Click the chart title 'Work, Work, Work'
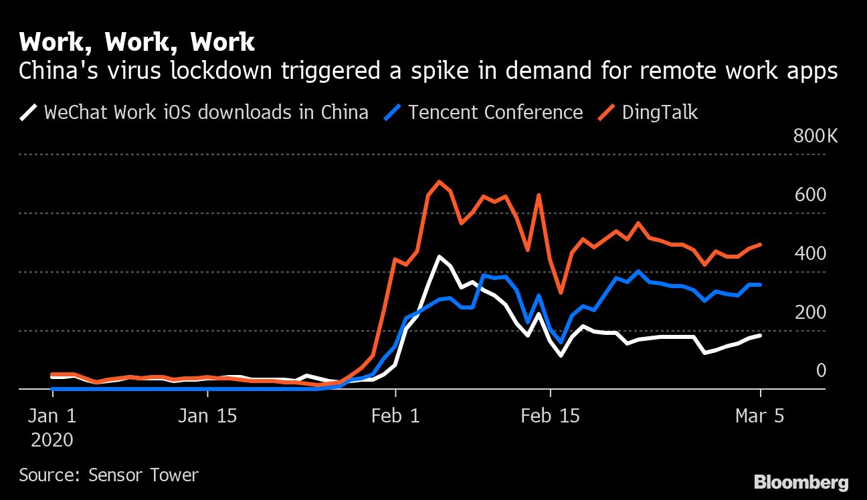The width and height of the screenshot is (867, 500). point(136,42)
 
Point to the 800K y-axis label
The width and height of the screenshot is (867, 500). point(815,136)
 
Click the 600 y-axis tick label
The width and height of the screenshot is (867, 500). point(809,195)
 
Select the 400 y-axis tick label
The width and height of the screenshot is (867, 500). point(809,254)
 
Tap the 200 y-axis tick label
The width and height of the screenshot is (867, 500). point(809,312)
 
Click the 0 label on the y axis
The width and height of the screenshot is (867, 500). point(821,370)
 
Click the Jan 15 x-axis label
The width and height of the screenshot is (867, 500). point(207,416)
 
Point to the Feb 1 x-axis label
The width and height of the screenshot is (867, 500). point(395,416)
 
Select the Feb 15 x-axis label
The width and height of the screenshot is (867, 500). point(551,416)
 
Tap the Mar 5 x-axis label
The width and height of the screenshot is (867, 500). point(759,416)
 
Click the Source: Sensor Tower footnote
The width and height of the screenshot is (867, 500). point(109,475)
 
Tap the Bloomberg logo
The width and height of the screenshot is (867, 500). point(801,482)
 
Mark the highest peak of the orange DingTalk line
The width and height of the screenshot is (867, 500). point(438,181)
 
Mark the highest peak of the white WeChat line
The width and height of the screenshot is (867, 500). point(438,257)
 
